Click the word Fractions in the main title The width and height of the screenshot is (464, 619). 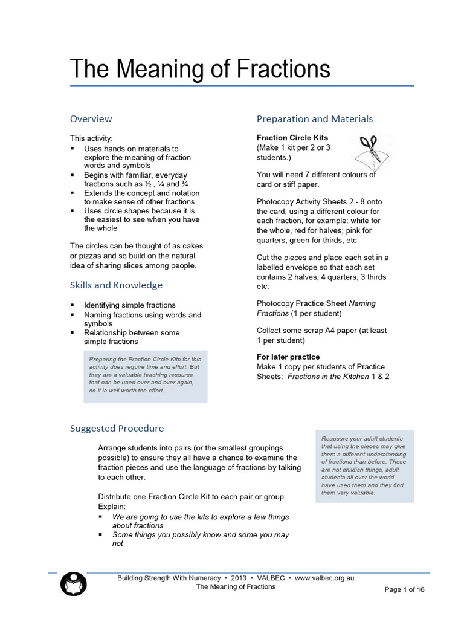click(279, 69)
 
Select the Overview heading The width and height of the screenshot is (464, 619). click(91, 118)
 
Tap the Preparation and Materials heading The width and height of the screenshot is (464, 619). click(314, 118)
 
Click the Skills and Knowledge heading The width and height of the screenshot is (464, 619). click(116, 285)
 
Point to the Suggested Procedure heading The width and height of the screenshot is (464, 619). click(117, 428)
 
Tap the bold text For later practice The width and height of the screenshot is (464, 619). click(288, 357)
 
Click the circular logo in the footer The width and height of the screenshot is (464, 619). click(74, 584)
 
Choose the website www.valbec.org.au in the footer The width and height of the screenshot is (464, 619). click(324, 578)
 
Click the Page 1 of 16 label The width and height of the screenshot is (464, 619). click(404, 590)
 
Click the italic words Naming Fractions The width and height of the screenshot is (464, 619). click(316, 308)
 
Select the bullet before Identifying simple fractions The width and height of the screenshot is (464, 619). click(72, 305)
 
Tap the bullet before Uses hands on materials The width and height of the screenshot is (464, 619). click(72, 148)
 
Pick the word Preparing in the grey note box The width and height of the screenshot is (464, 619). click(103, 359)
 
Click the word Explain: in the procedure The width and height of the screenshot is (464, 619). click(112, 505)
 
